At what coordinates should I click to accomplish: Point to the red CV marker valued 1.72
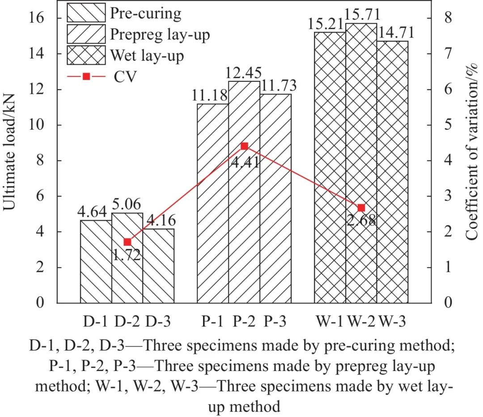(x=127, y=242)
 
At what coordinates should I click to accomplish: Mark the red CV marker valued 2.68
(x=361, y=207)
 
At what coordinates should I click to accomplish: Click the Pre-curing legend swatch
(x=86, y=13)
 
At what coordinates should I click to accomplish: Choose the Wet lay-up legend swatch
(x=86, y=55)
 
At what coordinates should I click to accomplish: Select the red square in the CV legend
(x=86, y=77)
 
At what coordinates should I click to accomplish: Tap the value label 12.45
(x=244, y=73)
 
